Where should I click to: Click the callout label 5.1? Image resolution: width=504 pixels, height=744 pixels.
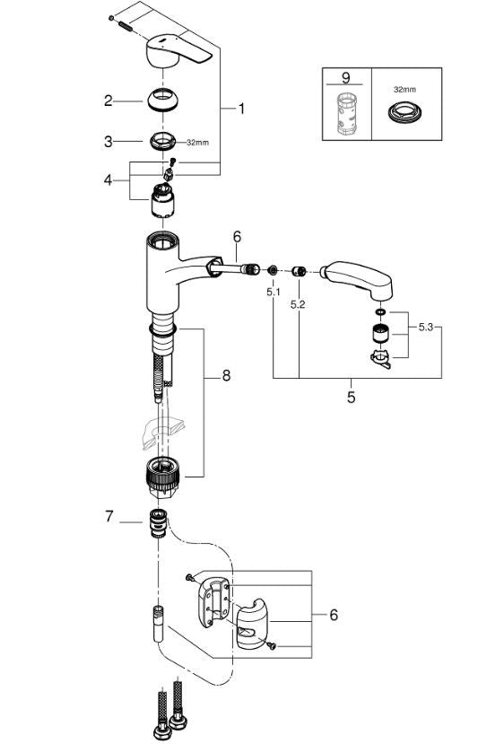click(273, 292)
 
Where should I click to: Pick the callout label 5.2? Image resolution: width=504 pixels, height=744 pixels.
click(297, 305)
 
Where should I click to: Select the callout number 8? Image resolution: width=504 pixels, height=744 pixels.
click(226, 375)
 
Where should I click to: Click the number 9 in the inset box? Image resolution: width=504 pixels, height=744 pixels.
click(345, 77)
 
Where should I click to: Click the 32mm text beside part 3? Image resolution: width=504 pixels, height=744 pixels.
click(197, 142)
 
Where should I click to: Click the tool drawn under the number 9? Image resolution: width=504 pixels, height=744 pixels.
click(345, 113)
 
